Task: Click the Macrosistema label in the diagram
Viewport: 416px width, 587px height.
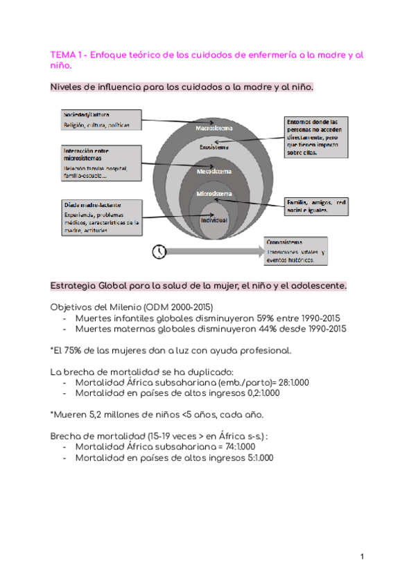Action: click(214, 128)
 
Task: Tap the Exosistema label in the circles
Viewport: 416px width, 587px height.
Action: click(214, 148)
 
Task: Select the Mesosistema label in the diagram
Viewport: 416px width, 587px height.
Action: click(214, 170)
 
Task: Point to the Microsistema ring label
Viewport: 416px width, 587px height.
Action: click(214, 193)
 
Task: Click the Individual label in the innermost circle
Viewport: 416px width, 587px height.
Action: click(214, 219)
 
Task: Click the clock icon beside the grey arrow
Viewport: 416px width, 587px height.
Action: click(159, 251)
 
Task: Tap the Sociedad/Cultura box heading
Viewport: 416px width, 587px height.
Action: click(87, 114)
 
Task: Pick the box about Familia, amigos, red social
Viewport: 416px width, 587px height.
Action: click(316, 206)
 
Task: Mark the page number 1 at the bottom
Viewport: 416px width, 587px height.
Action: click(363, 557)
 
